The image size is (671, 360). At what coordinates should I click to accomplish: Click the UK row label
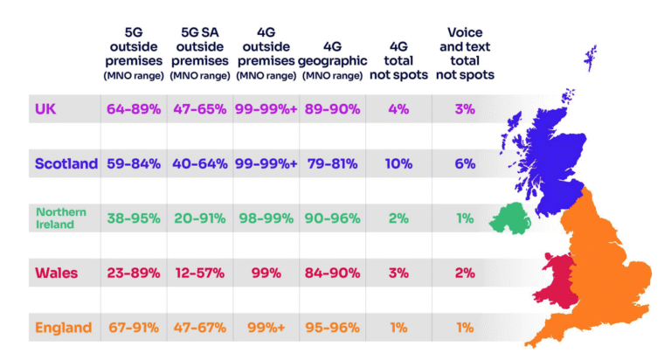point(45,109)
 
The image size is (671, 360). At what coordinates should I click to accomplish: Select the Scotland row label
point(66,163)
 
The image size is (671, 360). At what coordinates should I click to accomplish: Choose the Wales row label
point(57,273)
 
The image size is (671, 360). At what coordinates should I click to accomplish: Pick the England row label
point(63,328)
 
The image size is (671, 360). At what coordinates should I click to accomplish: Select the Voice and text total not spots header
point(464,53)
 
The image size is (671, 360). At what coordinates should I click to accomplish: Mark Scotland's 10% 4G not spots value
point(398,163)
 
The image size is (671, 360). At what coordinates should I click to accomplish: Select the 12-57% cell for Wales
point(199,273)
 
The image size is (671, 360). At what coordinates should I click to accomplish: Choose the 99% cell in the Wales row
point(266,273)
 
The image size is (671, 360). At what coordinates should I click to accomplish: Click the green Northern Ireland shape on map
point(508,218)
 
